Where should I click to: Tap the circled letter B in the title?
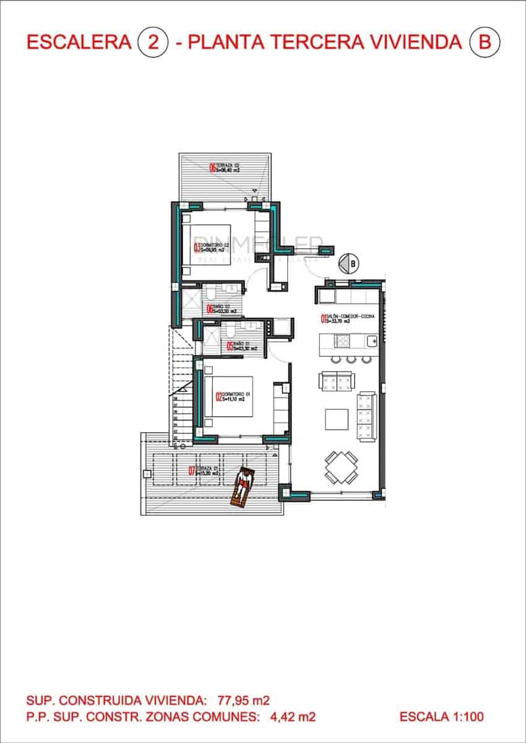485,42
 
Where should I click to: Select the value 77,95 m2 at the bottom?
243,701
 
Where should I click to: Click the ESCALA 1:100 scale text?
441,717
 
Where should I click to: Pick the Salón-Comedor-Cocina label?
347,319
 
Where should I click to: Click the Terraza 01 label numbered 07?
204,471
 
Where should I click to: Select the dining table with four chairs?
342,467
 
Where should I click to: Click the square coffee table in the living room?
337,419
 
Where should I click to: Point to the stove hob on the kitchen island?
343,340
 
